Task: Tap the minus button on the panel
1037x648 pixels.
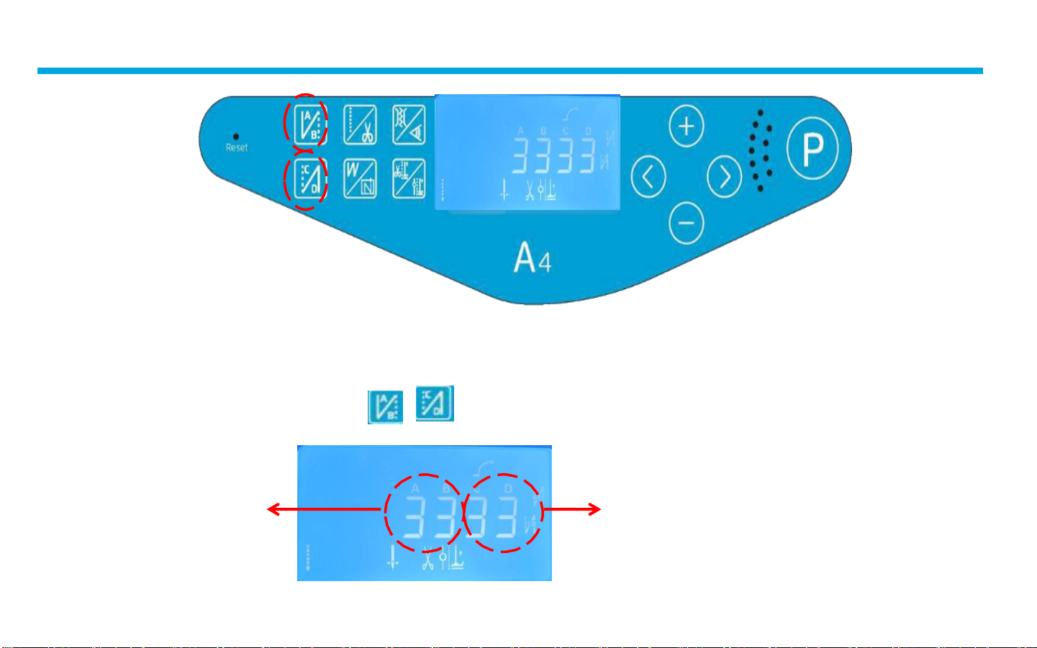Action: (686, 222)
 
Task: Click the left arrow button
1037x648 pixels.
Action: (648, 176)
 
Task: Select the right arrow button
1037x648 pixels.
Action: (724, 176)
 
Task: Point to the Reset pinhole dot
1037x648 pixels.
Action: (236, 136)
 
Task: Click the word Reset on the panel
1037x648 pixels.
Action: (237, 148)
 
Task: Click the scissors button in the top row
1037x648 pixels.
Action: (360, 124)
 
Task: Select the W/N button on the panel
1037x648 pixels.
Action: (360, 178)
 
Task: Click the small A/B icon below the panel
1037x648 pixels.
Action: (386, 407)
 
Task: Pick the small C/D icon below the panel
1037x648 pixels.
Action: (435, 403)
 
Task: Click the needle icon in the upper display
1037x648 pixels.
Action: (504, 190)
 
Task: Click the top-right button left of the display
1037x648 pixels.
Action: (408, 124)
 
